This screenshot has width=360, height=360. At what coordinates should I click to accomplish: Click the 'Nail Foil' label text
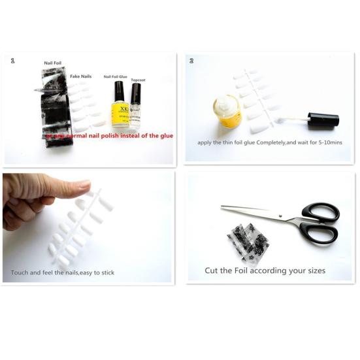(52, 63)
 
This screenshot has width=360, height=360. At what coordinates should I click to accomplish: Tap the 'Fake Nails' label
(81, 76)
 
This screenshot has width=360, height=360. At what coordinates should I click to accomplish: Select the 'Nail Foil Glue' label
(116, 76)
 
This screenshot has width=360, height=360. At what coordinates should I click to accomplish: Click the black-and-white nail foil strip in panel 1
(55, 118)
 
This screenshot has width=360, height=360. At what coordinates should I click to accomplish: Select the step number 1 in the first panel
(12, 60)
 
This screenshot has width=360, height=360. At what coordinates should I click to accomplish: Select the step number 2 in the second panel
(191, 61)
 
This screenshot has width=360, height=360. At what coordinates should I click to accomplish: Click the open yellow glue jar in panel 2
(227, 112)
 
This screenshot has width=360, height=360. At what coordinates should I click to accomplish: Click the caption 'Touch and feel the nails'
(62, 272)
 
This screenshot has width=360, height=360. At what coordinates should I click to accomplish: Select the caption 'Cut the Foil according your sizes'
(265, 270)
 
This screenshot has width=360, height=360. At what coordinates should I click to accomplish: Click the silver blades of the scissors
(255, 212)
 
